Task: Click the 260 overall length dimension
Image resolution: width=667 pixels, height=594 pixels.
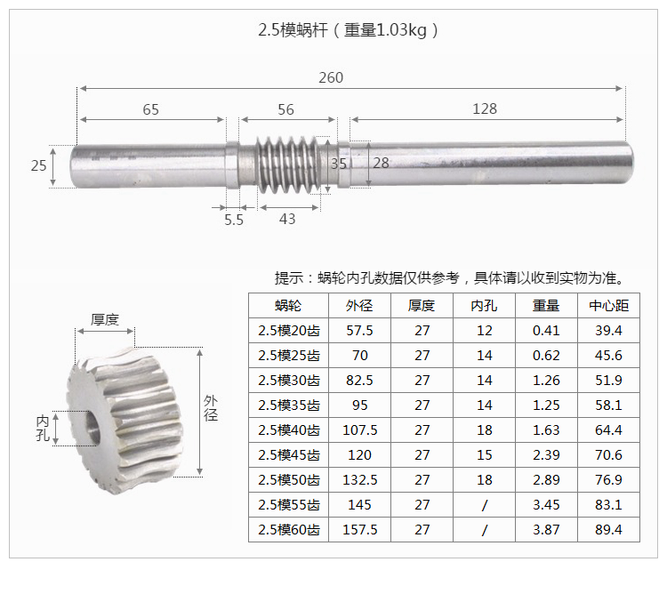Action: point(331,78)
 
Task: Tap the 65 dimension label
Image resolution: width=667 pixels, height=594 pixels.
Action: point(151,109)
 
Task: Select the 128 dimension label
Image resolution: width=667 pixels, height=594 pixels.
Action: point(485,109)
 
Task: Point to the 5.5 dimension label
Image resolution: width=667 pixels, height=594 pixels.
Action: point(233,220)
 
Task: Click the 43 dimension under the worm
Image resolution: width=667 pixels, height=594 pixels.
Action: point(287,220)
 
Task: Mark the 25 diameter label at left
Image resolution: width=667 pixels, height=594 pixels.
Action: point(38,165)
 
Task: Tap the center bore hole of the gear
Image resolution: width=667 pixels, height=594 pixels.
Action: point(92,426)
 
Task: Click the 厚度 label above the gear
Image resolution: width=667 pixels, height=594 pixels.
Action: point(105,319)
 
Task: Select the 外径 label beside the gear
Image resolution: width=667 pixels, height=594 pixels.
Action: point(211,408)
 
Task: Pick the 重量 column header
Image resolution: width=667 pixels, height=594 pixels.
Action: point(546,306)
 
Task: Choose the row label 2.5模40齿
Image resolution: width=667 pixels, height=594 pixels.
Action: point(288,430)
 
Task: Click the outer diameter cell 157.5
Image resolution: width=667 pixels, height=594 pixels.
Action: point(360,530)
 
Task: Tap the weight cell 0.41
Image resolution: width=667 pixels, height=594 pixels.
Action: point(546,331)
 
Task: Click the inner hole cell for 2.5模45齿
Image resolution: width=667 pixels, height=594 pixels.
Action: point(484,455)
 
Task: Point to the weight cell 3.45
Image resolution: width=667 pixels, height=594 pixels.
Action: point(546,505)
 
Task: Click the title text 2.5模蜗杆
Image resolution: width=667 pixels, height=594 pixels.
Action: point(293,30)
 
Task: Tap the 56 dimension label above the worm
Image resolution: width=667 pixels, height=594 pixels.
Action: point(285,109)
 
